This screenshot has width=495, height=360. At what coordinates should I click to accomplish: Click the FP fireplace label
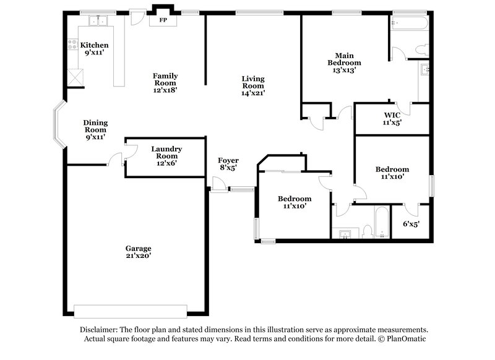click(x=163, y=20)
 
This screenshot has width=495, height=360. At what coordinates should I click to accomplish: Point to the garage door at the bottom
click(x=130, y=310)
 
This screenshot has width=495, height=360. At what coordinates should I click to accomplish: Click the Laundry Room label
click(x=166, y=153)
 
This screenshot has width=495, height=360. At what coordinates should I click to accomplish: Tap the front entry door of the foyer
click(x=217, y=184)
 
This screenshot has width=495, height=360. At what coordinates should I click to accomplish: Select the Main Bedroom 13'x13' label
click(x=343, y=62)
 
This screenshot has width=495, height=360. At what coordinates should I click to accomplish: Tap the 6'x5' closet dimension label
click(x=411, y=224)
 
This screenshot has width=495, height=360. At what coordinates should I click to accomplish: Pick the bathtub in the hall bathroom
click(x=380, y=221)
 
